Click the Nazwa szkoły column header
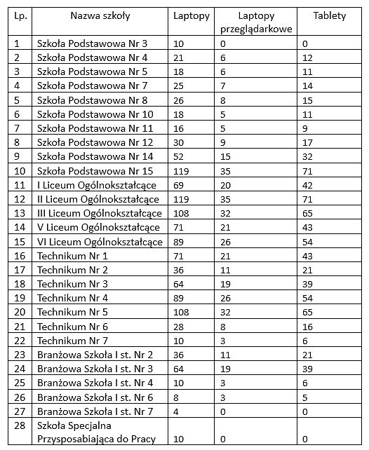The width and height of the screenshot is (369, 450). coord(100,15)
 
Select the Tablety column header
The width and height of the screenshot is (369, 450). coord(329,15)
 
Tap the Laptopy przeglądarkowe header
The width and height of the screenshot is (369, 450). coord(256,22)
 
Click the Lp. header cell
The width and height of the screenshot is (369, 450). coord(20,15)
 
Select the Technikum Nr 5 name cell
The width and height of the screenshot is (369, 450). coord(72,312)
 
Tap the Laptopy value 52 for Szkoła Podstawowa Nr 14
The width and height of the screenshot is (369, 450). coord(180,156)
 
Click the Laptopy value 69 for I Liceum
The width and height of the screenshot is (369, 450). coord(180,185)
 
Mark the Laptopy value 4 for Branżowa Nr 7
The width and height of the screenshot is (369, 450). coord(177,411)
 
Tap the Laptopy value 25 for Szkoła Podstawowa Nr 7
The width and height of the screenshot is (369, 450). coord(180,86)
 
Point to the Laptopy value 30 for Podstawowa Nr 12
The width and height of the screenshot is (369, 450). coord(180,142)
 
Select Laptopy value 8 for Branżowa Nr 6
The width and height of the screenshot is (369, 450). coord(177,397)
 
